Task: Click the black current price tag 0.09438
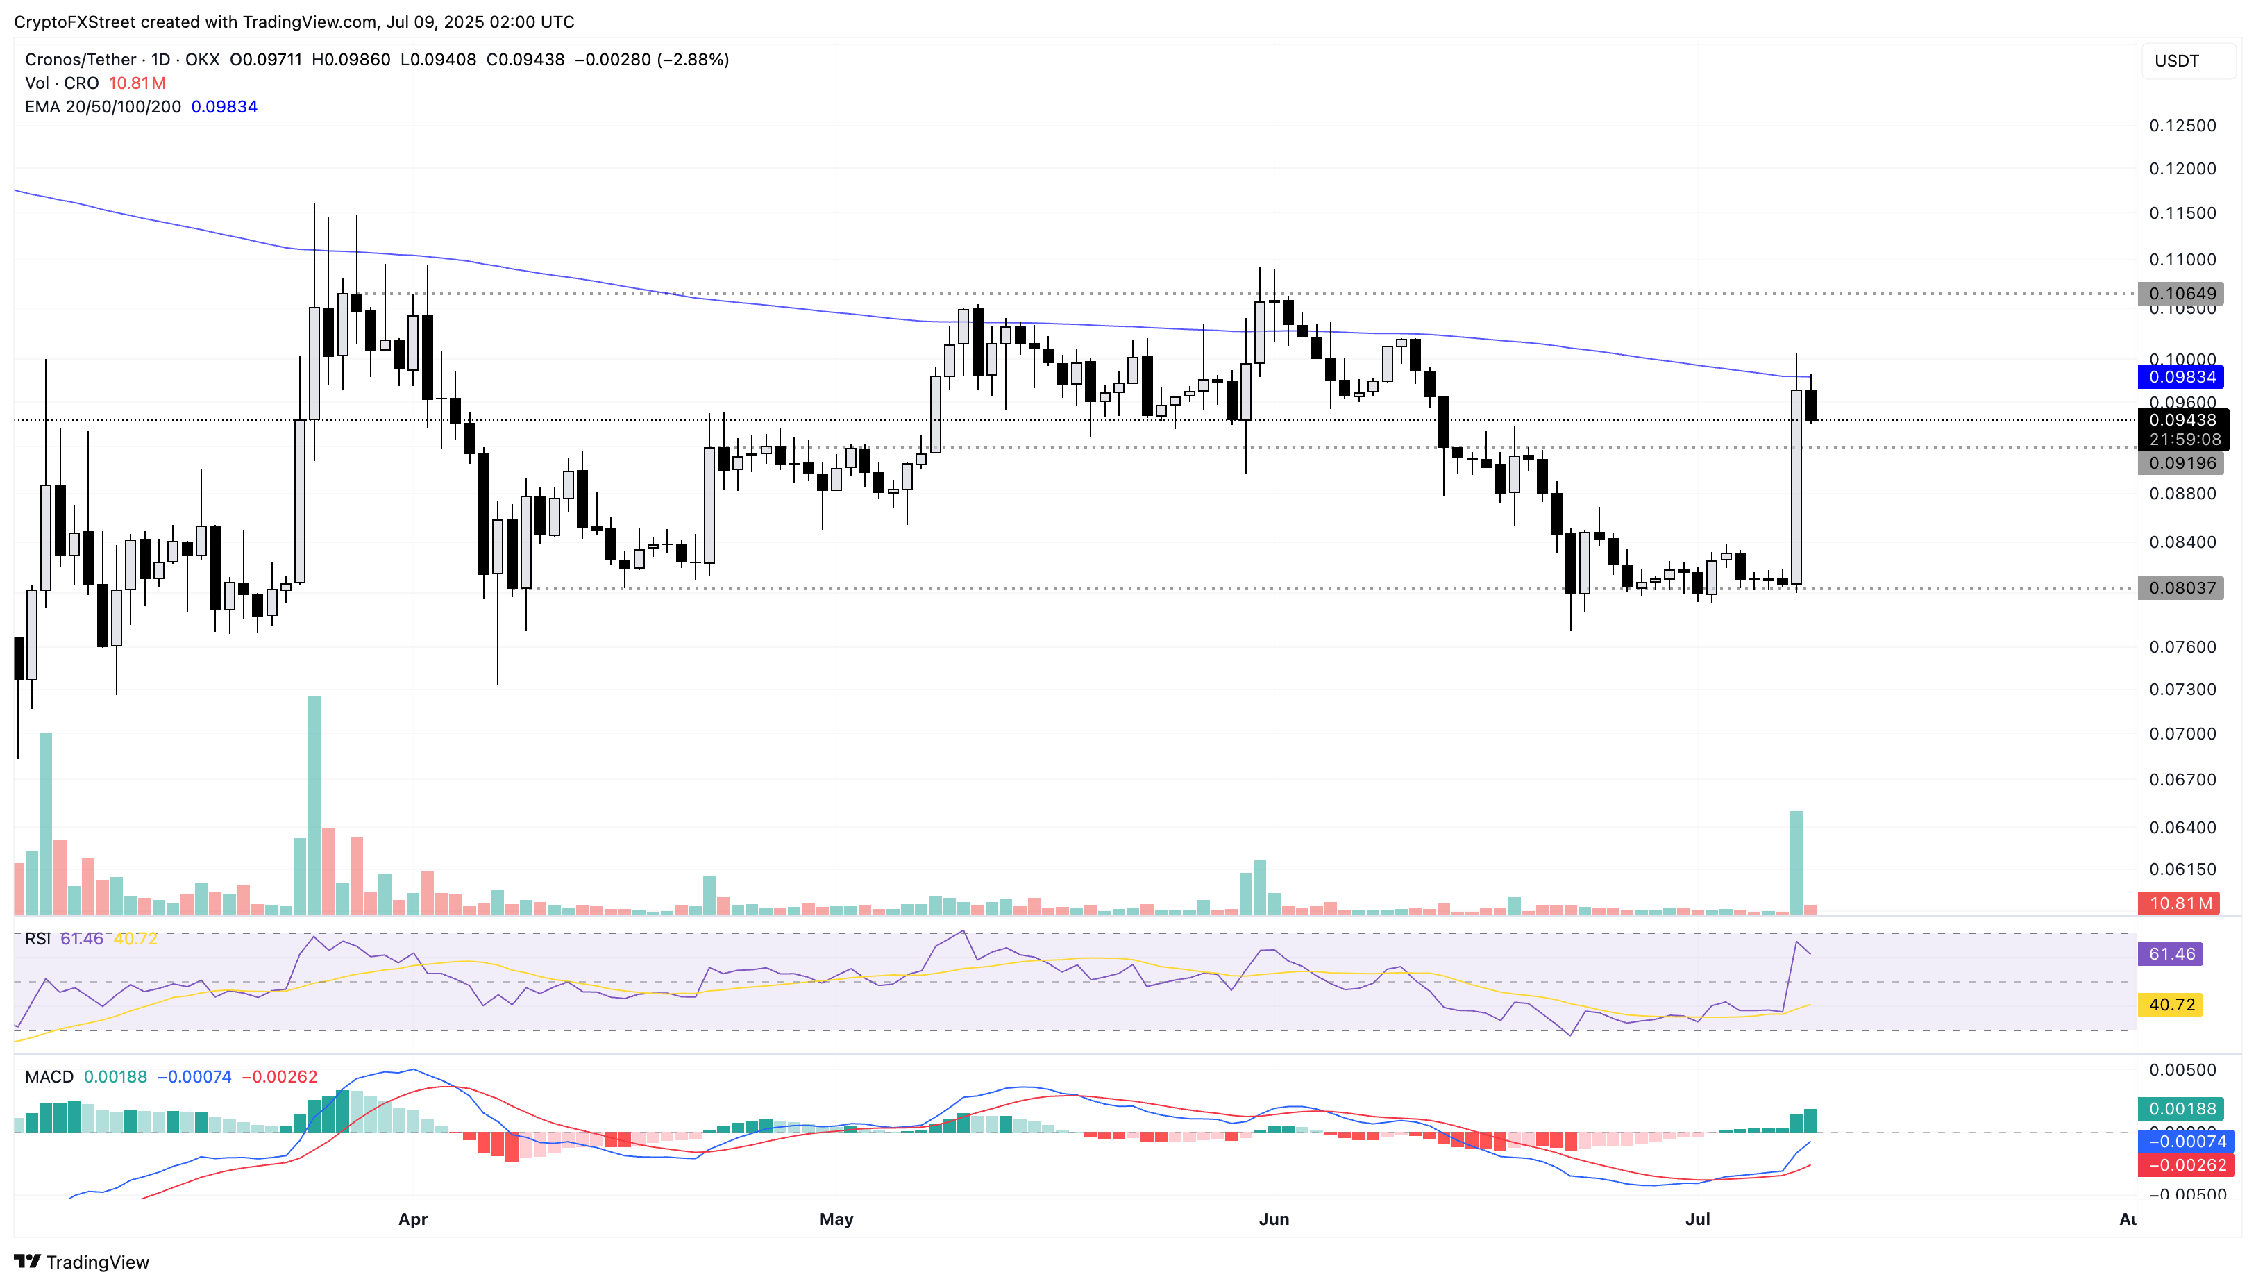[2181, 420]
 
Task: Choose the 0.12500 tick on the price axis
[2182, 126]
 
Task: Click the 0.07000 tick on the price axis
[2182, 734]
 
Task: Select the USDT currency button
[2187, 61]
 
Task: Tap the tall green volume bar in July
[1795, 862]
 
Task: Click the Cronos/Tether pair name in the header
[81, 59]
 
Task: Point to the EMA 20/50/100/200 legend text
[103, 107]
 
